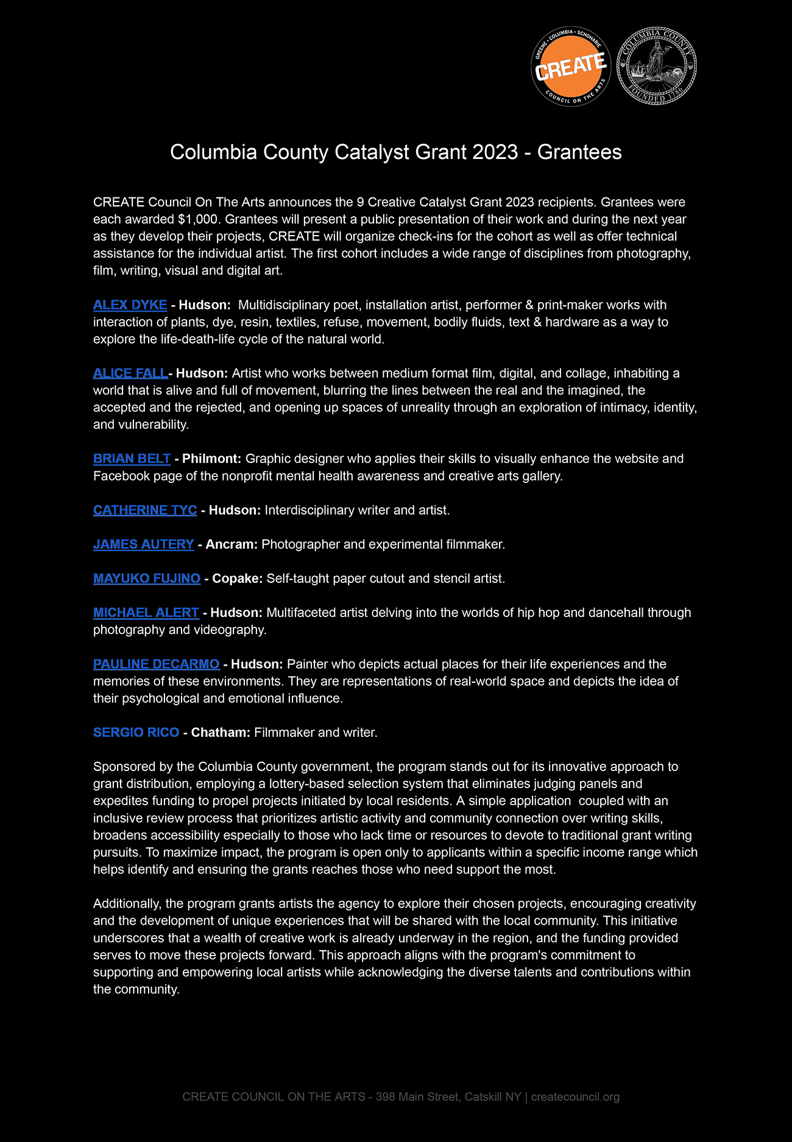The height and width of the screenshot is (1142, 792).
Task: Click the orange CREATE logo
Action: pos(571,66)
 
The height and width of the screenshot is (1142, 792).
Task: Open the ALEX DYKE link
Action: pos(130,305)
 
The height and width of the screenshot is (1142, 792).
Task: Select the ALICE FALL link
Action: pos(130,373)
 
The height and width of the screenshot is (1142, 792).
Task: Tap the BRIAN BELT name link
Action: pos(132,459)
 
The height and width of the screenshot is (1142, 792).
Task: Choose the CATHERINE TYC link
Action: pos(145,510)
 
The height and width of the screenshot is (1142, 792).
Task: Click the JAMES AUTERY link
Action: pos(143,545)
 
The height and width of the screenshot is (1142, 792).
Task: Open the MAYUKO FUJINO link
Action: pos(146,579)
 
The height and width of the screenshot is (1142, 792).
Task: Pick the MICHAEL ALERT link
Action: pos(146,613)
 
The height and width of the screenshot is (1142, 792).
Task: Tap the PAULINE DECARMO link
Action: pos(156,664)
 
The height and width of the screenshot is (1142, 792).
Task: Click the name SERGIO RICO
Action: pos(136,732)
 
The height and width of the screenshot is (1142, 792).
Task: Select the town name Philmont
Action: pos(211,459)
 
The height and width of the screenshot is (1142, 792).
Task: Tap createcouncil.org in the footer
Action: pos(575,1097)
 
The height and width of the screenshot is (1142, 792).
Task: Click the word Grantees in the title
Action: pos(579,152)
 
